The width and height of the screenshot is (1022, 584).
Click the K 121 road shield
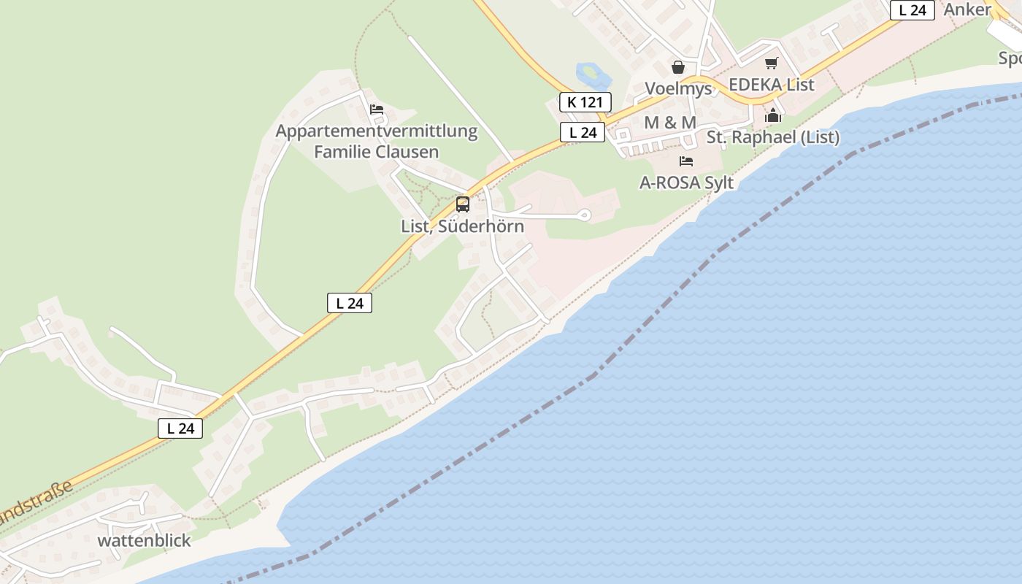(585, 102)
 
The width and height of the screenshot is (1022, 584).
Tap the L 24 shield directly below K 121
(583, 132)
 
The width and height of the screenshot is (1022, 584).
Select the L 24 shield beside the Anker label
(912, 10)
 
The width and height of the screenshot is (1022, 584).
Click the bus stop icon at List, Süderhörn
(463, 204)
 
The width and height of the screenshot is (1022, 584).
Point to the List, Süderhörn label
(462, 226)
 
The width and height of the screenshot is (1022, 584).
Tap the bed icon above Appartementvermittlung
(377, 109)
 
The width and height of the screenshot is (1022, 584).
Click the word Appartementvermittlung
(376, 131)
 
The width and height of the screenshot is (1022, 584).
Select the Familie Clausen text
(376, 152)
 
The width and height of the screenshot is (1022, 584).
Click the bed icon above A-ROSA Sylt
(685, 161)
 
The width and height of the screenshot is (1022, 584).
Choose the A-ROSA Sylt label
(686, 182)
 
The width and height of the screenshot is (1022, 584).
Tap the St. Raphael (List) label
(772, 137)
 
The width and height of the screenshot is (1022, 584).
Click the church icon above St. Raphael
(773, 115)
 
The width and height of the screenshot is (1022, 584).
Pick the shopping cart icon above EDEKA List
(772, 64)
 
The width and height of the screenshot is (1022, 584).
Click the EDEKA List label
(771, 85)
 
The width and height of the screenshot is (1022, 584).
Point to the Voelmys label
(677, 88)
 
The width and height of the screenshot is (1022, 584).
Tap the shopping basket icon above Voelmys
(678, 67)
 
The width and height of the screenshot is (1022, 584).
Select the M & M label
(669, 123)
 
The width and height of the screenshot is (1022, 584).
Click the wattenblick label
(144, 541)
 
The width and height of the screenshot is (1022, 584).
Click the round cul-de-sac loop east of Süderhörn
(584, 215)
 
